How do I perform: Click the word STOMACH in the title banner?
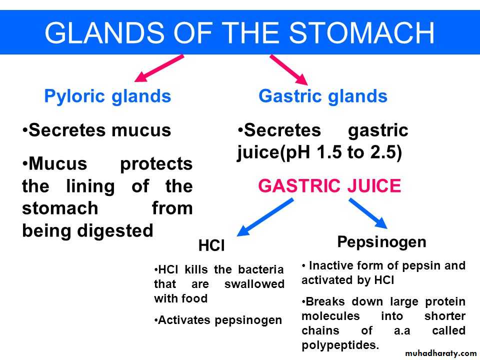[x=361, y=33]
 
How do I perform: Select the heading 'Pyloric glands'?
[x=107, y=96]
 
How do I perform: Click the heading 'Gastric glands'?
[x=323, y=96]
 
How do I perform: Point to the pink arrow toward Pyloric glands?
[x=159, y=68]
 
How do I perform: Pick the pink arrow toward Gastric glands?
[x=288, y=70]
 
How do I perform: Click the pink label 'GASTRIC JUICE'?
[x=329, y=186]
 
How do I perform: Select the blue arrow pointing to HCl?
[x=265, y=217]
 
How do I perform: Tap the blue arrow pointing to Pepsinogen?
[x=368, y=213]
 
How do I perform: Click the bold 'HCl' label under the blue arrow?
[x=211, y=245]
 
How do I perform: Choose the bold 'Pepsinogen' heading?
[x=381, y=242]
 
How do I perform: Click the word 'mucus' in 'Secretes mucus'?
[x=141, y=130]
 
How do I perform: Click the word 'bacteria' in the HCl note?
[x=261, y=269]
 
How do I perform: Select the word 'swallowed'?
[x=254, y=284]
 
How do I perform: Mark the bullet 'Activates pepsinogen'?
[x=218, y=320]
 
